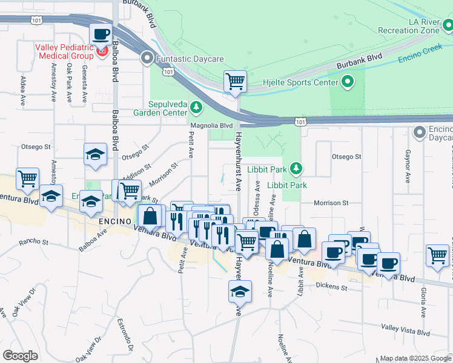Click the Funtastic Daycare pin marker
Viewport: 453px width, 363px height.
click(147, 59)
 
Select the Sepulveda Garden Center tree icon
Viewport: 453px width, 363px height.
click(196, 108)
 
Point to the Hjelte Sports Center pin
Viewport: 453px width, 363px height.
click(348, 81)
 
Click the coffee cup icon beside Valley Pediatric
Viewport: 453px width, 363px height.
click(101, 34)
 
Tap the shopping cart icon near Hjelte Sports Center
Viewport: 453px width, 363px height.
click(235, 80)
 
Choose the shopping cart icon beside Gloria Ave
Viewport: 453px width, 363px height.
click(438, 255)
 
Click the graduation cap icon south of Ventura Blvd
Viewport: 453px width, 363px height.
click(240, 291)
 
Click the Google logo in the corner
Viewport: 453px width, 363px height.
click(21, 356)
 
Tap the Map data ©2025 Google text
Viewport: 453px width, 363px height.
click(415, 358)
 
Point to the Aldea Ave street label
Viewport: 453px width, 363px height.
click(22, 88)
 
